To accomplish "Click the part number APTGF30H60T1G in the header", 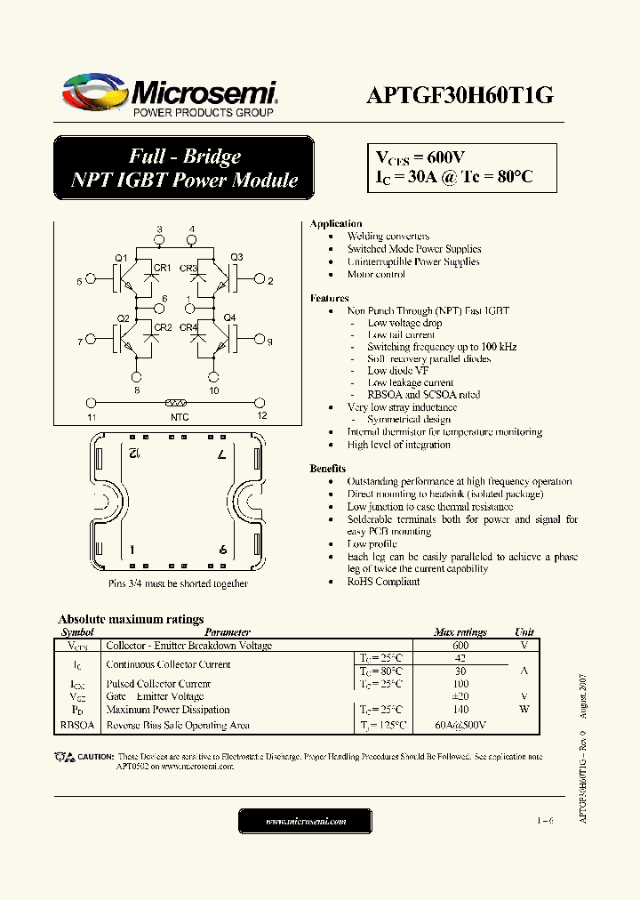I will tap(460, 96).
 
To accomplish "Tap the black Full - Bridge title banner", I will tap(184, 168).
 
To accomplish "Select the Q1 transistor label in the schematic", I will tap(122, 258).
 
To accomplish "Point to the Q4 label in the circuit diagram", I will tap(229, 317).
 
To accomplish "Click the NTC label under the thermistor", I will tap(179, 417).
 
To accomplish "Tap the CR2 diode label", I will tap(163, 327).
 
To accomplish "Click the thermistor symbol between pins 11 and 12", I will tap(174, 402).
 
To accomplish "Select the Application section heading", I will tap(335, 223).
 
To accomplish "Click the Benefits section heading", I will tap(327, 468).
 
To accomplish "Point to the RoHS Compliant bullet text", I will tap(383, 582).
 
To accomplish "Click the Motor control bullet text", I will tap(376, 275).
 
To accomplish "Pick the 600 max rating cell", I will tap(460, 646).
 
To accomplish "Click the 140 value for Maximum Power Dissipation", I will tap(460, 710).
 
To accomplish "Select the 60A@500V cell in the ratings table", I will tap(460, 726).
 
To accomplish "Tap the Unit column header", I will tap(524, 632).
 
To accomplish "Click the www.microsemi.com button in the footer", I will tap(306, 822).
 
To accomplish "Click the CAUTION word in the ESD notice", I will tap(95, 757).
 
